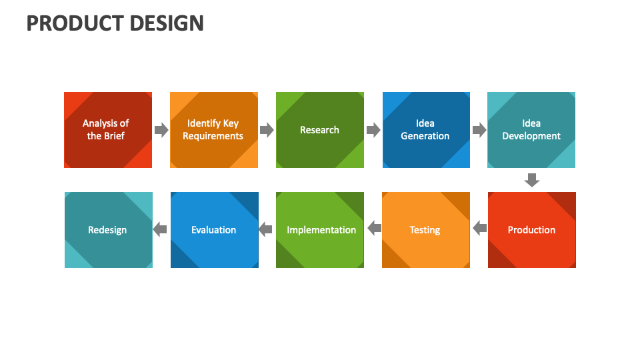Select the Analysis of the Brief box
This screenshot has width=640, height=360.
pos(107,130)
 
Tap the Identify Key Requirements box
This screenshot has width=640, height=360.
pos(213,130)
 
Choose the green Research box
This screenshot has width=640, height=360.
pos(319,130)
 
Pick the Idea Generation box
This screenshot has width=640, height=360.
pos(425,130)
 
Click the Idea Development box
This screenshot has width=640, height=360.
pos(531,130)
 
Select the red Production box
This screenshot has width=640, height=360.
pos(531,230)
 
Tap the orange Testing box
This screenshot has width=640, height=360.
pos(425,230)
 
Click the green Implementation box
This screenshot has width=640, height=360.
pos(320,230)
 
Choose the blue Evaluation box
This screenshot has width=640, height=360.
pos(214,230)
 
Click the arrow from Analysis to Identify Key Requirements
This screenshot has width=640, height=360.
pos(161,130)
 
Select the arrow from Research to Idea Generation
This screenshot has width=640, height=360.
pos(373,130)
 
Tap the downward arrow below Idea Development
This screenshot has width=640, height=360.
pos(531,180)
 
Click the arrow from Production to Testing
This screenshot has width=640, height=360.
pos(479,229)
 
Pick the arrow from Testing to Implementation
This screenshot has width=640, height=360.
pos(374,229)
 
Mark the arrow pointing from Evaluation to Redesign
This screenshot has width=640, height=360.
pos(160,230)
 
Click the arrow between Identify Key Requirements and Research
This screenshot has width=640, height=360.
pos(267,130)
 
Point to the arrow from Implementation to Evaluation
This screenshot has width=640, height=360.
pos(265,230)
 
